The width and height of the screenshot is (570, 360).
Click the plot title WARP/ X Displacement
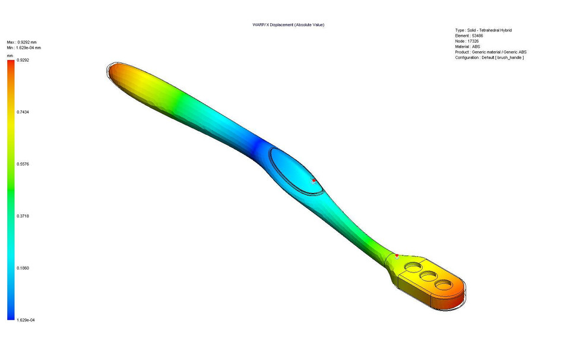tap(288, 25)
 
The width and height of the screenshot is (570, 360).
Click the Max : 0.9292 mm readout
tap(21, 42)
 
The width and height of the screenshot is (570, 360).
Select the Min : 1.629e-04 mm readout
tap(24, 48)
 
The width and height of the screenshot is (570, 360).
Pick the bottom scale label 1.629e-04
tap(26, 320)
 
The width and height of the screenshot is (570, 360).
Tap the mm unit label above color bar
tap(10, 55)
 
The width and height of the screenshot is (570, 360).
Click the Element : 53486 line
tap(468, 36)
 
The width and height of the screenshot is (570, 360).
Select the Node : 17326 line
tap(467, 41)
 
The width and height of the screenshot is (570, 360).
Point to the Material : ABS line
tap(467, 46)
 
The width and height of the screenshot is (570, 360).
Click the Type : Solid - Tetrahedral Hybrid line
tap(483, 30)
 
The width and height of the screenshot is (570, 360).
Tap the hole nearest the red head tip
tap(443, 285)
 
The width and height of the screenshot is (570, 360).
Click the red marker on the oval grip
tap(313, 180)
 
